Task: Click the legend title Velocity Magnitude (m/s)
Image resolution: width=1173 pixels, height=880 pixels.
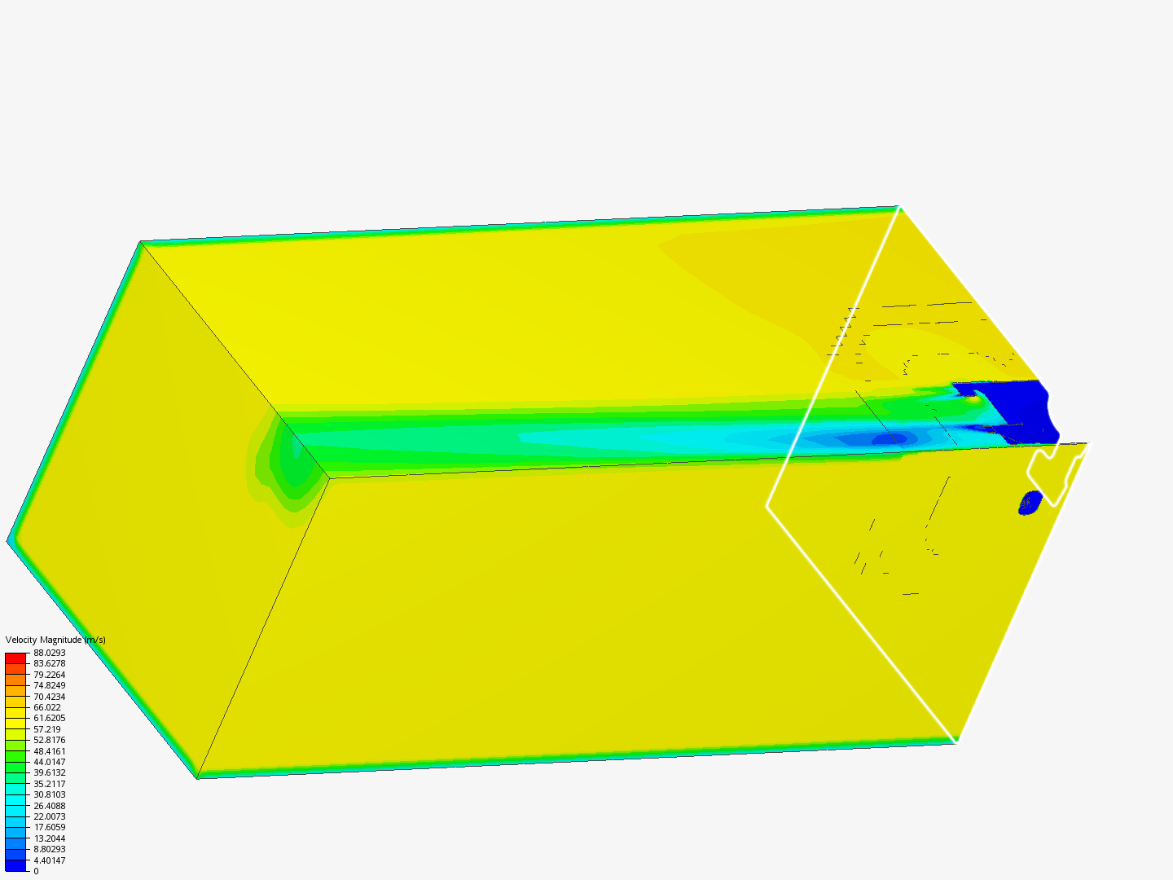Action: tap(55, 640)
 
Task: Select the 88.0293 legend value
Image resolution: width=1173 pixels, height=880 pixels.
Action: tap(49, 653)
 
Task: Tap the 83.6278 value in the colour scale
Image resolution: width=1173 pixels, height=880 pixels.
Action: tap(49, 663)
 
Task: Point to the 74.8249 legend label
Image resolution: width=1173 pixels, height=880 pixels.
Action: tap(49, 685)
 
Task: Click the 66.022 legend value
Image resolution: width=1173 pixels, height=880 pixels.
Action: tap(47, 707)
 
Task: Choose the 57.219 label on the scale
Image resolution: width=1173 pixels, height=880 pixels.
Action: tap(47, 729)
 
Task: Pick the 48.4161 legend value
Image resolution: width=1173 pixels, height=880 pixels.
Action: tap(49, 751)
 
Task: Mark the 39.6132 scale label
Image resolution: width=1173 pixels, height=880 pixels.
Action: tap(49, 772)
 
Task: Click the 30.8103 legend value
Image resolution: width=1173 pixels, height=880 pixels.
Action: tap(49, 794)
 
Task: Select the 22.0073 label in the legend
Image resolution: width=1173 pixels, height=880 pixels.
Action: tap(49, 816)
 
